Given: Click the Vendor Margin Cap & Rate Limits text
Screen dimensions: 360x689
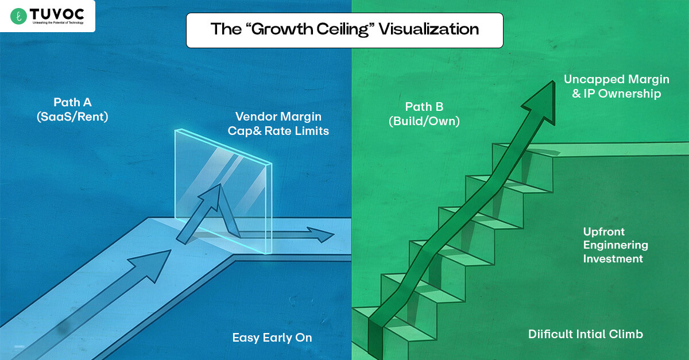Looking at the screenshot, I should [x=278, y=124].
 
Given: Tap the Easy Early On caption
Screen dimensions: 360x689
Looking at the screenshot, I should [x=272, y=338].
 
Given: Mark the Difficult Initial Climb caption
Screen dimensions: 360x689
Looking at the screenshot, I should [x=586, y=334].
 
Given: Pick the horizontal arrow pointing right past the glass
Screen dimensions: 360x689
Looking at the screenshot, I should [x=287, y=234].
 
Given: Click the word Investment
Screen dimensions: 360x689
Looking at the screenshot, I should [x=613, y=258].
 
